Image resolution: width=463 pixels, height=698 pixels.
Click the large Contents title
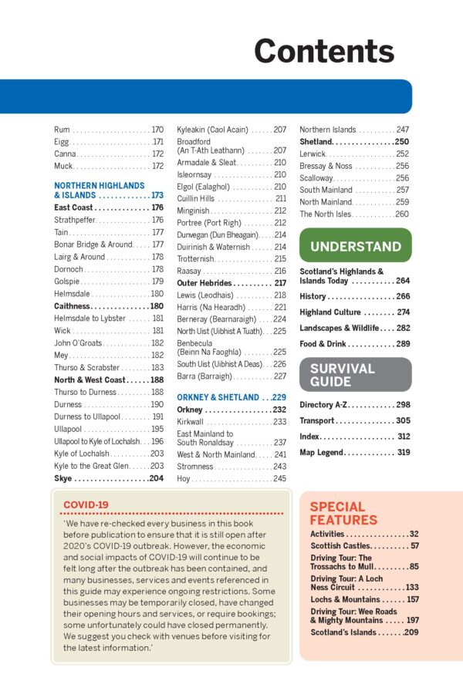323,51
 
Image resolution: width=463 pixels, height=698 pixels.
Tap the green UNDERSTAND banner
355,247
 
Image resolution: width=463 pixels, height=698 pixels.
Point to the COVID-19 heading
86,504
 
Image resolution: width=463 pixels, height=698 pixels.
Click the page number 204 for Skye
156,479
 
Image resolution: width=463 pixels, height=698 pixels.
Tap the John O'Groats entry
76,342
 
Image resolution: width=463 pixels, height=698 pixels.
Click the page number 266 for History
402,296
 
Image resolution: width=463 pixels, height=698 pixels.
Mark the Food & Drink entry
328,344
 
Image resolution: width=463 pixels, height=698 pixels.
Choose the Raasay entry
191,271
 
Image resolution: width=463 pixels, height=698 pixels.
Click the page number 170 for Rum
157,130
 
